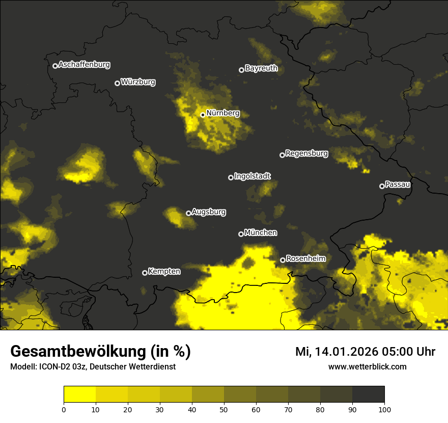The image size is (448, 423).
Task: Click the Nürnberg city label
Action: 223,113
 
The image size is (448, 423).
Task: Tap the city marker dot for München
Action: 241,234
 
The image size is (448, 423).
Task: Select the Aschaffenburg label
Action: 84,65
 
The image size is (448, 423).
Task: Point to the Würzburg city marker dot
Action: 117,83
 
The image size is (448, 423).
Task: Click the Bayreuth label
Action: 261,68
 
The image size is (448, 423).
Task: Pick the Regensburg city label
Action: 306,153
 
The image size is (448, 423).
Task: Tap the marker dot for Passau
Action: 382,186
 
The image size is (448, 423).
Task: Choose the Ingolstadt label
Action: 253,176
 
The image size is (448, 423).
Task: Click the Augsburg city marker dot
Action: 188,213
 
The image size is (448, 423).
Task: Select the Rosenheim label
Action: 305,259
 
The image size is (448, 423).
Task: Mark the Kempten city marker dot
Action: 145,273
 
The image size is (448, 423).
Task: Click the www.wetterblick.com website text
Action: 367,366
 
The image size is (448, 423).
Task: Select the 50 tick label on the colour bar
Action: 224,409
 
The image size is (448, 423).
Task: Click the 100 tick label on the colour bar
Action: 384,409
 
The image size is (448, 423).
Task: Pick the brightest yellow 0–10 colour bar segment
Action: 79,394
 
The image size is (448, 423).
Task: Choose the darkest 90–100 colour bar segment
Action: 368,394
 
